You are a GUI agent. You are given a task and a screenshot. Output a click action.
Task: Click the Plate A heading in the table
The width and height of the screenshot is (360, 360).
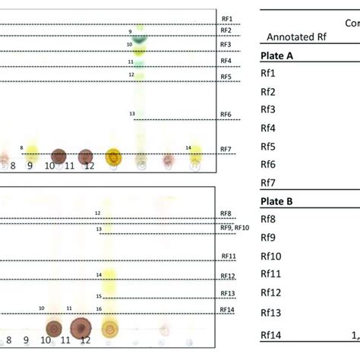(x=278, y=55)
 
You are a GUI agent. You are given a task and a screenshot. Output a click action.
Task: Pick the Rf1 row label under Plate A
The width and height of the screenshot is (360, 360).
(x=268, y=74)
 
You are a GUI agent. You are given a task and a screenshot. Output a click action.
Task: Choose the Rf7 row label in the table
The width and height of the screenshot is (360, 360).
(x=268, y=183)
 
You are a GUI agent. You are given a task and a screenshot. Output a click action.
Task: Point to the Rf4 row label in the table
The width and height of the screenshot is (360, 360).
(x=268, y=128)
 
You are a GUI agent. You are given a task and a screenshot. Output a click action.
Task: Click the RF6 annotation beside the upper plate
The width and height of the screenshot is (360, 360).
(x=226, y=115)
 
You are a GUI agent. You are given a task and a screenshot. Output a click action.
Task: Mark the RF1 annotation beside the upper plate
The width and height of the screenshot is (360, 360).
(x=226, y=17)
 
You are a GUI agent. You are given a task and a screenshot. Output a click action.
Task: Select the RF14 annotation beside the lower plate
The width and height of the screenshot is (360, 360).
(x=228, y=309)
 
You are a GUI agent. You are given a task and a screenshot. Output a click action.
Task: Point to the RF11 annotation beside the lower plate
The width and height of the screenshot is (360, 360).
(x=228, y=257)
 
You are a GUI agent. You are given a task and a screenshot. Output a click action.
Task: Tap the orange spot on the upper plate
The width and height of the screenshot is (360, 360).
(x=113, y=157)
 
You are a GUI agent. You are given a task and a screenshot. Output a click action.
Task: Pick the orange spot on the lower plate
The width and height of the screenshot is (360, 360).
(x=109, y=329)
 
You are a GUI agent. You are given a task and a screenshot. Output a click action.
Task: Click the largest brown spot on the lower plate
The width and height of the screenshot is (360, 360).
(x=82, y=328)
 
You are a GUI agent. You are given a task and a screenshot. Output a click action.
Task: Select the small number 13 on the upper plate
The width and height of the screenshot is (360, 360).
(x=132, y=114)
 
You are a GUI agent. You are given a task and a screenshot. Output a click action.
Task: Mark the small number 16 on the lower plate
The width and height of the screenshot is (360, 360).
(x=99, y=309)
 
